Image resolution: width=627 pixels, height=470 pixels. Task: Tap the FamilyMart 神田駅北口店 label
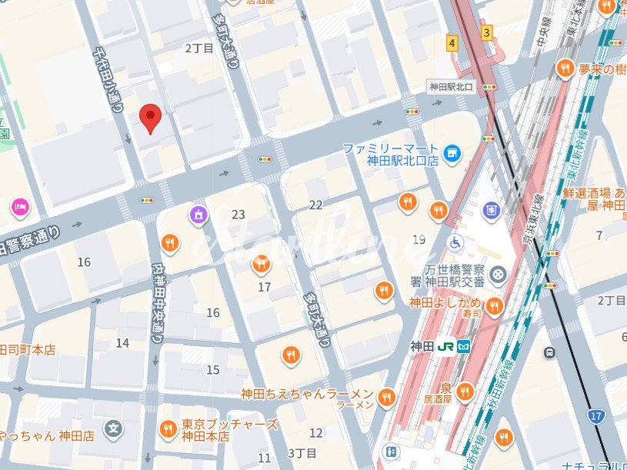[x=391, y=155]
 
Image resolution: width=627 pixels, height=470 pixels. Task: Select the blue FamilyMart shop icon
[x=452, y=154]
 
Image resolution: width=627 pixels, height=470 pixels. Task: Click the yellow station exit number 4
[x=452, y=44]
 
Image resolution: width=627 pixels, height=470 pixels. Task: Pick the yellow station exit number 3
[x=486, y=32]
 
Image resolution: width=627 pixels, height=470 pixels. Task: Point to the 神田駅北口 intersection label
[x=452, y=86]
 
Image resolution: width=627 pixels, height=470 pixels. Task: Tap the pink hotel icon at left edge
[x=19, y=206]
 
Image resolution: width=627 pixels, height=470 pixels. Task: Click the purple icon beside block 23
[x=198, y=215]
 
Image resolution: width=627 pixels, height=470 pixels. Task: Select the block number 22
[x=315, y=205]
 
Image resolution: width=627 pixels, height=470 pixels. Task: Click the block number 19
[x=419, y=239]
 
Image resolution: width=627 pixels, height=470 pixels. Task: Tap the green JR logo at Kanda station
[x=445, y=346]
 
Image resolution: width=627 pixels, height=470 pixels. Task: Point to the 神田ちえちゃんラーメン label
[x=307, y=394]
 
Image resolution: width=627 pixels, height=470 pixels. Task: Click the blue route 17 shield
[x=595, y=416]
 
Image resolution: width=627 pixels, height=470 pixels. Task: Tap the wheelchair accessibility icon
[x=455, y=243]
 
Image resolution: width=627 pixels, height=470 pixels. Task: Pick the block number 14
[x=122, y=343]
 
